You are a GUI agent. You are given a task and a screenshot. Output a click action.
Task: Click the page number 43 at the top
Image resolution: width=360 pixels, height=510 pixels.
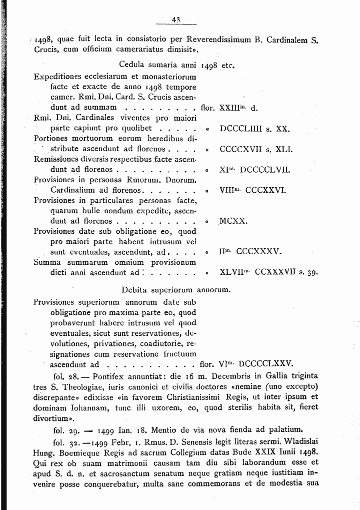175,20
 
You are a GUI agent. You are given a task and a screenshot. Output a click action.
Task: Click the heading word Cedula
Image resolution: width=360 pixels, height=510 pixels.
132,65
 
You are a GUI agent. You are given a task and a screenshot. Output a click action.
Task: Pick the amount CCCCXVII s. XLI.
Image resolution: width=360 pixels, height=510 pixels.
255,149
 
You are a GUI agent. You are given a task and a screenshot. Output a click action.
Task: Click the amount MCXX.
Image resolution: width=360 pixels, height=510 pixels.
233,221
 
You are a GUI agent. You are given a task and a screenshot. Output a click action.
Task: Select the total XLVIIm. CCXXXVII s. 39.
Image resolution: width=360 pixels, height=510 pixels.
269,273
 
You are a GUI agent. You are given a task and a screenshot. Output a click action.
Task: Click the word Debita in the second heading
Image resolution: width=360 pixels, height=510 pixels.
134,290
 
